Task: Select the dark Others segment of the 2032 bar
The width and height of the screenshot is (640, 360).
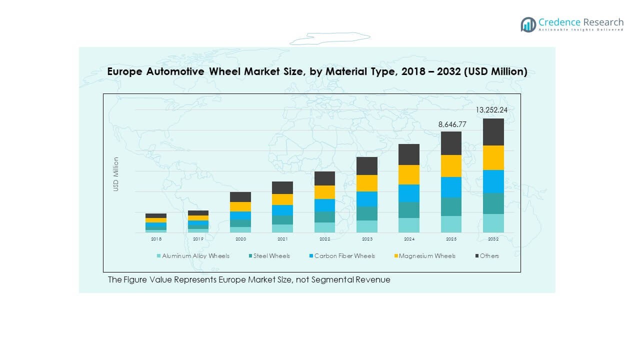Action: tap(493, 132)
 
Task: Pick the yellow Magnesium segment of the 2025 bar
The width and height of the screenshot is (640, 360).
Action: tap(451, 166)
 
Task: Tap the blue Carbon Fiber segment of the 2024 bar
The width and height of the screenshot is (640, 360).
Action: tap(408, 193)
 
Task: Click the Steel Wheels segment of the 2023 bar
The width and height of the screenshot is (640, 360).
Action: tap(366, 213)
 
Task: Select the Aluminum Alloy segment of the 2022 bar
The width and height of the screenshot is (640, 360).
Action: tap(324, 227)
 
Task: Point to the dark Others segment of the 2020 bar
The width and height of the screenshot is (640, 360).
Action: tap(240, 197)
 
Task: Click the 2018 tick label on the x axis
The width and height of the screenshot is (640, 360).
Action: tap(156, 239)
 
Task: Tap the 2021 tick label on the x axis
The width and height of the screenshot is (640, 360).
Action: tap(282, 239)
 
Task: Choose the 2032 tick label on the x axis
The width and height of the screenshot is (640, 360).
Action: tap(493, 239)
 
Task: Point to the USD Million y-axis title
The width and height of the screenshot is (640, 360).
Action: tap(116, 174)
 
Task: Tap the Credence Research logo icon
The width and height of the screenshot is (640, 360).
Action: tap(528, 24)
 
